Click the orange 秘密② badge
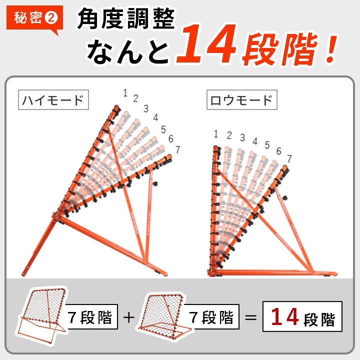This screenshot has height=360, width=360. tap(34, 18)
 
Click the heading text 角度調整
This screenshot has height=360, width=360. tap(126, 18)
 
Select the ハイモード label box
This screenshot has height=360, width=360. tap(53, 100)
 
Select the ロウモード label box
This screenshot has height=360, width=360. tap(242, 100)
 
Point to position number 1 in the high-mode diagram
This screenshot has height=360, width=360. tap(125, 93)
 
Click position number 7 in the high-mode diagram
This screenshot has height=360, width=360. tap(177, 149)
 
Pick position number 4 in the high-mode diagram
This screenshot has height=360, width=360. tap(155, 117)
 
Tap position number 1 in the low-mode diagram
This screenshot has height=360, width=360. tap(215, 134)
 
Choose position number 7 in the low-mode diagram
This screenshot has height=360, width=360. tap(289, 158)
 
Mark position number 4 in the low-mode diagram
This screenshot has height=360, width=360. tap(255, 141)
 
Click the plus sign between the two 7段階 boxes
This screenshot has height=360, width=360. tap(129, 317)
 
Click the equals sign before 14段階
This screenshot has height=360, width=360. tap(250, 318)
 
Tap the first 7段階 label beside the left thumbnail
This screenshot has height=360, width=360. tap(90, 317)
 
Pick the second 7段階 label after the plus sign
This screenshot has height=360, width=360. tap(211, 317)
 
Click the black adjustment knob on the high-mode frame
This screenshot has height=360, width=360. tap(155, 183)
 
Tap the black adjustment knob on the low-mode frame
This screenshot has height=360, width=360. tap(285, 197)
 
